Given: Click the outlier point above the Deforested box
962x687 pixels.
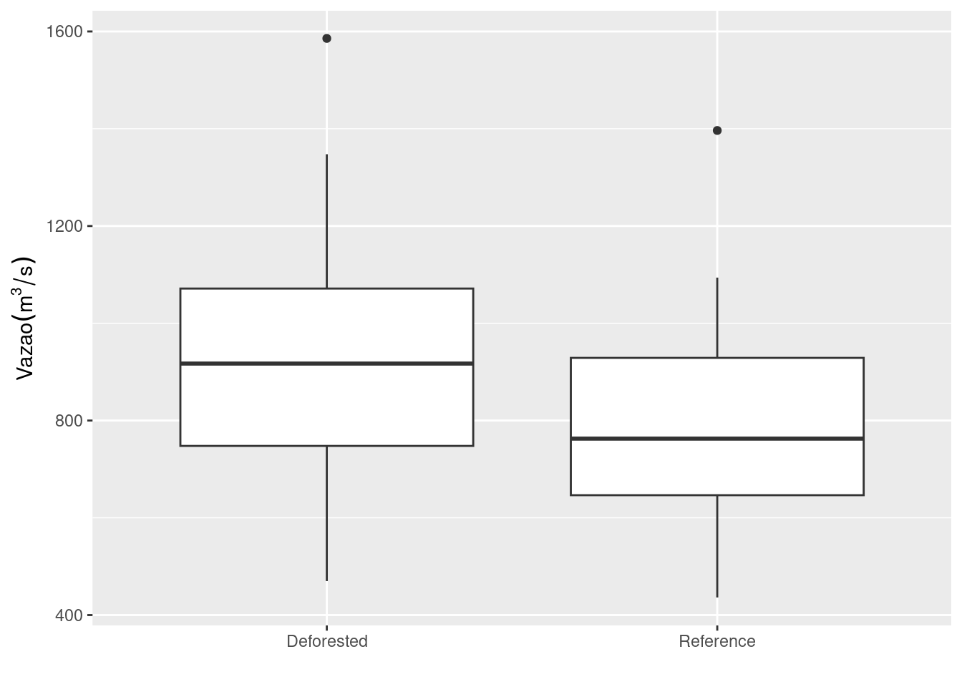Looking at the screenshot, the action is (x=326, y=39).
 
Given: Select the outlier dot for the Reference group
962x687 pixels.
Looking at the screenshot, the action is (x=717, y=130).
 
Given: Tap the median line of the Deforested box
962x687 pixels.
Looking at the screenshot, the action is (x=327, y=364).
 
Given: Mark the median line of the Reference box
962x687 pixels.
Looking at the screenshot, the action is (x=717, y=439).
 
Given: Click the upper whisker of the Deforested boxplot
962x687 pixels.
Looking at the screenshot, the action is (x=327, y=221).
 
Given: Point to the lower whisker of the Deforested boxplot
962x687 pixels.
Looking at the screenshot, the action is (x=327, y=514).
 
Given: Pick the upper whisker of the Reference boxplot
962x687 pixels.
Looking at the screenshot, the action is (x=717, y=317).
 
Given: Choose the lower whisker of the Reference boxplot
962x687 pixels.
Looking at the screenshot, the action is (x=717, y=546).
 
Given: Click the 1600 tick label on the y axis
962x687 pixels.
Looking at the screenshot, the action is (x=64, y=31).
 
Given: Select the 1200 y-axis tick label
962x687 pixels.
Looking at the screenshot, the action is (x=64, y=226).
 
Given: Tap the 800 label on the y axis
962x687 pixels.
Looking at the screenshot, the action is (x=69, y=421).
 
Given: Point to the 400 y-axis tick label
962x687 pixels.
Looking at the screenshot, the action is (x=69, y=615).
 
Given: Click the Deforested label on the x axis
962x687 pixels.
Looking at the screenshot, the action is (x=327, y=641).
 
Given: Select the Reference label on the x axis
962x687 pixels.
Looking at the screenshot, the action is (x=717, y=641).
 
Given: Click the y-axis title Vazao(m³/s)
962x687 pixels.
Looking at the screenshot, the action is (x=24, y=318).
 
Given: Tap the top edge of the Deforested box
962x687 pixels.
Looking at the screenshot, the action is (x=327, y=288).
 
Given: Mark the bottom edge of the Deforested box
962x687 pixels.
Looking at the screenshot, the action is (x=327, y=446).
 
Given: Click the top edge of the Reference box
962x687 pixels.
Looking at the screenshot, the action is (x=717, y=358).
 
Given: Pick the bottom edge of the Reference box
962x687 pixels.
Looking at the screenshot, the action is (x=717, y=495).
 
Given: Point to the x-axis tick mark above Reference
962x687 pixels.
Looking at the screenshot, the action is (x=717, y=628).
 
